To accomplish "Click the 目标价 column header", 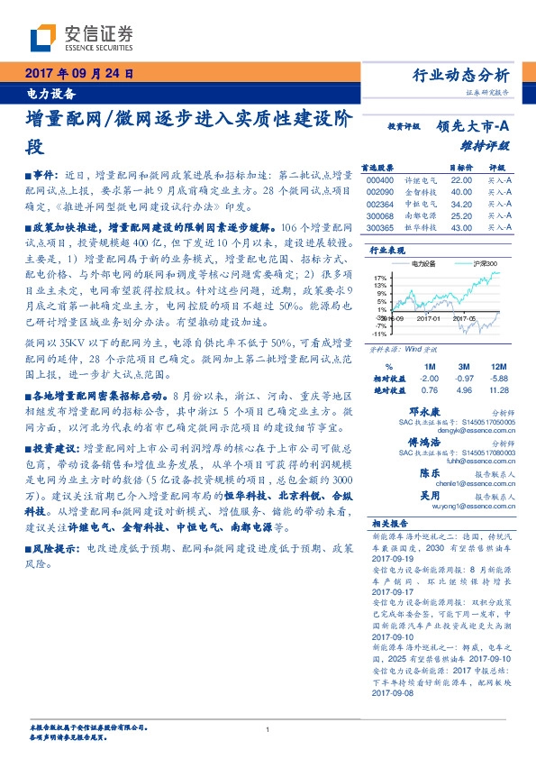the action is [x=460, y=168].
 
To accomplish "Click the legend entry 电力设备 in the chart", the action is [x=422, y=263].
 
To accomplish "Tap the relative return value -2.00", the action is [x=427, y=379].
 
